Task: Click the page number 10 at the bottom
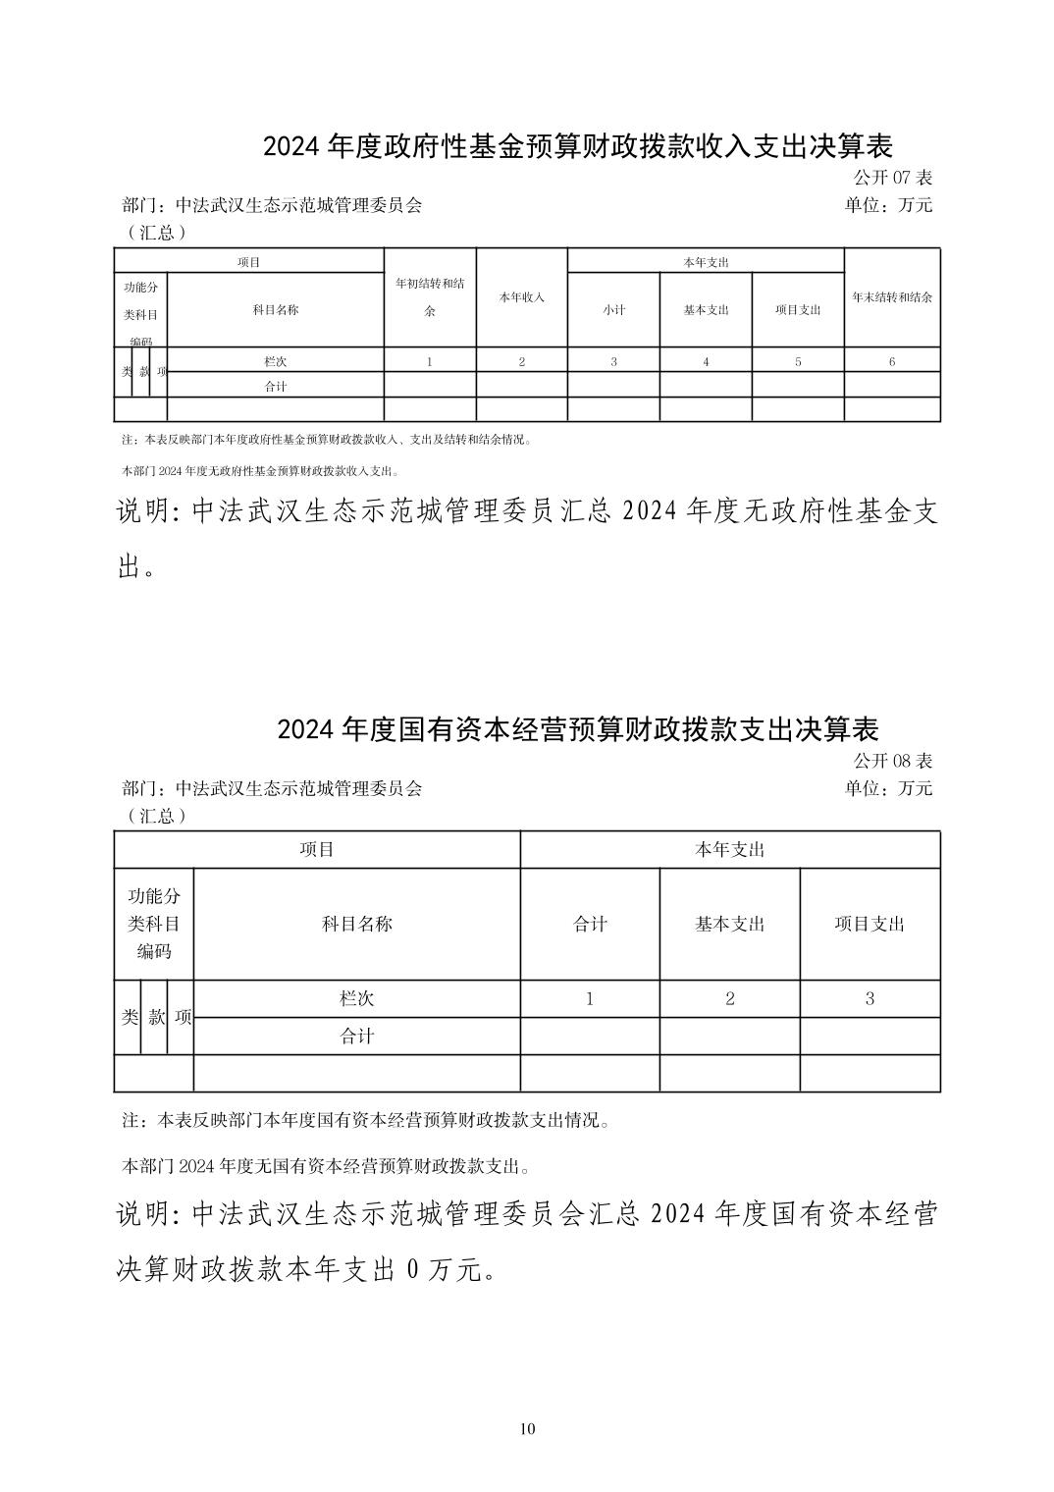[x=527, y=1428]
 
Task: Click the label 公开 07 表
[x=892, y=178]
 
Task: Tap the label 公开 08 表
[x=892, y=761]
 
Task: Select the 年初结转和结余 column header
[x=429, y=296]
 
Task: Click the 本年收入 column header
[x=521, y=296]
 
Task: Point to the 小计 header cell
[x=613, y=309]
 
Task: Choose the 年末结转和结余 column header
[x=891, y=296]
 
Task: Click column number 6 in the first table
[x=891, y=361]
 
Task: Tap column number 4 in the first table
[x=706, y=361]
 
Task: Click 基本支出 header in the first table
[x=706, y=309]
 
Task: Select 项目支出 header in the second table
[x=870, y=924]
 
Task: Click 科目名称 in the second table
[x=356, y=924]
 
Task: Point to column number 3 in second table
[x=870, y=999]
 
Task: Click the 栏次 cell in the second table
[x=356, y=999]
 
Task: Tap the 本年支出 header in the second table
[x=729, y=850]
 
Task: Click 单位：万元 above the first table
[x=888, y=205]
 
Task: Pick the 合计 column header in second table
[x=590, y=924]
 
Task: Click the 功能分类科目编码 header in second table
[x=154, y=924]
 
